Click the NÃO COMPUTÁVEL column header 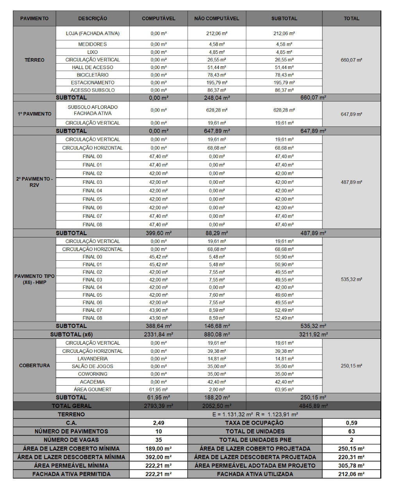coord(216,18)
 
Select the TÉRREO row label coord(34,60)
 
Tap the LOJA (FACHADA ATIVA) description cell coord(93,34)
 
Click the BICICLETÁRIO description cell coord(93,75)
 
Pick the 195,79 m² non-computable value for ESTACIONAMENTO coord(216,82)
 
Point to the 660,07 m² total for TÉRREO coord(351,60)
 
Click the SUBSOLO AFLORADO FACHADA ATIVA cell coord(93,110)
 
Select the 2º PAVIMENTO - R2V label coord(34,182)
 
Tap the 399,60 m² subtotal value coord(158,233)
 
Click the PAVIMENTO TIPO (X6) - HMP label coord(34,279)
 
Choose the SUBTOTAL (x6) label coord(71,335)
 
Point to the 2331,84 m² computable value coord(158,335)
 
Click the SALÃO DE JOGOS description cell coord(93,366)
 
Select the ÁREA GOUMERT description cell coord(93,390)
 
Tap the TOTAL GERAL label coord(71,406)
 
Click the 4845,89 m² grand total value coord(313,406)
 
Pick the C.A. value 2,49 coord(158,423)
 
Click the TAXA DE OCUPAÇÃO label coord(255,423)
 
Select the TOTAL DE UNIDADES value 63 coord(351,431)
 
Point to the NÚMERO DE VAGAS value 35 coord(158,440)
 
